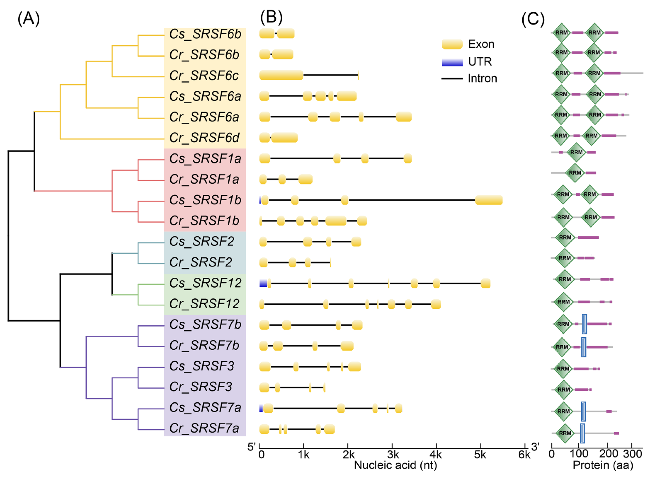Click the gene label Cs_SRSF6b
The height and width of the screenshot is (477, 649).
[x=205, y=34]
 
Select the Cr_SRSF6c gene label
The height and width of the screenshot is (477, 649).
[x=204, y=76]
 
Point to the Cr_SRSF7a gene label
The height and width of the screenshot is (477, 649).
[x=204, y=428]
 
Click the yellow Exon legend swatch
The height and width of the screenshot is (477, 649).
[x=452, y=44]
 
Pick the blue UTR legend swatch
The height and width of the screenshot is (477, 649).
[x=452, y=62]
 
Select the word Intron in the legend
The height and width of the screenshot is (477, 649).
[x=482, y=79]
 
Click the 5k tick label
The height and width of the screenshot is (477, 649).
[x=480, y=455]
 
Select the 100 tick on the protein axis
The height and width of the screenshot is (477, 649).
[x=579, y=454]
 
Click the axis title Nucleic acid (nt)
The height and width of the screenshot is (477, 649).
[x=395, y=465]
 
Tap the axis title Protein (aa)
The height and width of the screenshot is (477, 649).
[x=603, y=465]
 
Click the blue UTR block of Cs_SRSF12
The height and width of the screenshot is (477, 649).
[x=263, y=283]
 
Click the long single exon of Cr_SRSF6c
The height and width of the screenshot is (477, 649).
[x=281, y=75]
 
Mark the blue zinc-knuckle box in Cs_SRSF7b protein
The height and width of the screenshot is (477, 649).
[x=584, y=324]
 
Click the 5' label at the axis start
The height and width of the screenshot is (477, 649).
[x=252, y=447]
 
